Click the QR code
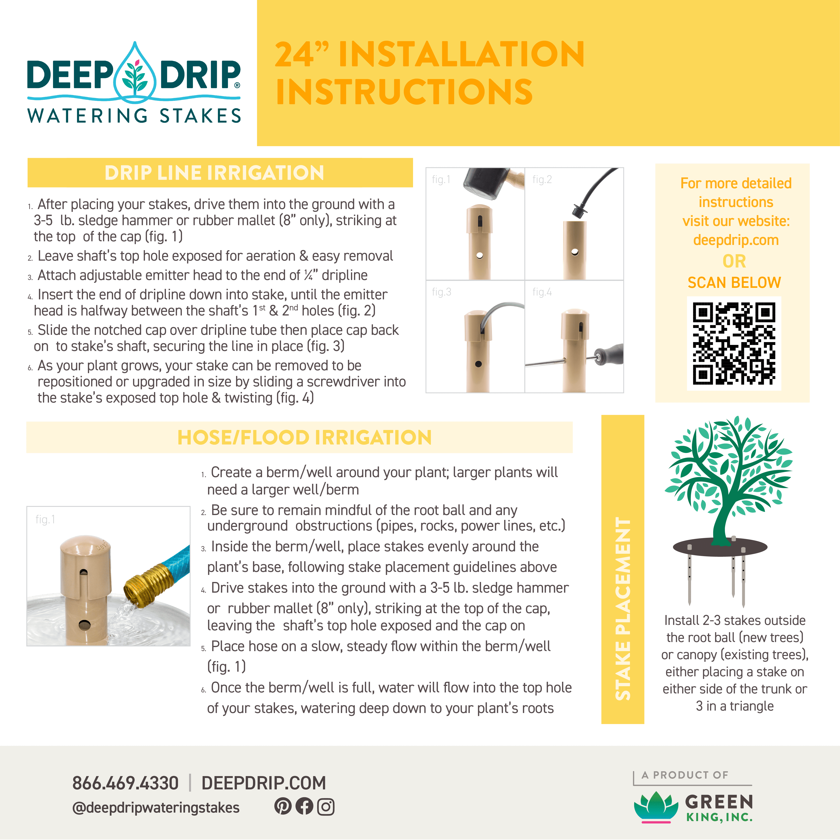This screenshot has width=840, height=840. [x=734, y=343]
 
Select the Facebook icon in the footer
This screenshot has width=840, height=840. [x=304, y=807]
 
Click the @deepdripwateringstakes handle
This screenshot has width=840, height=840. [x=156, y=807]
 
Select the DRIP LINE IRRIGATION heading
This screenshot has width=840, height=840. [x=214, y=173]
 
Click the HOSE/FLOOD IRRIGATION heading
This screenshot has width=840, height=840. [x=304, y=437]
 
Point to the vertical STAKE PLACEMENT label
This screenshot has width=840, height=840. [x=623, y=609]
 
